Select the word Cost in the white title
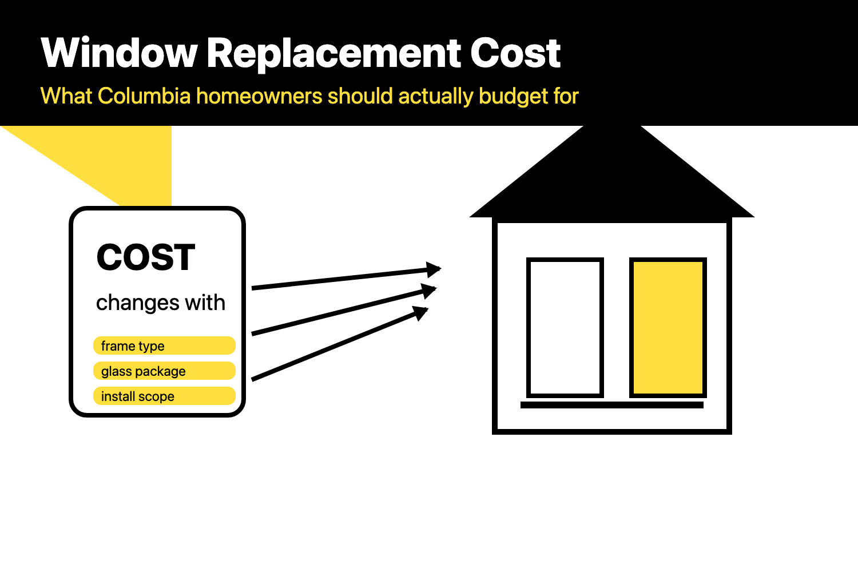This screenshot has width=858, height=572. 515,53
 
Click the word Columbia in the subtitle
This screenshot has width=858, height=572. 144,96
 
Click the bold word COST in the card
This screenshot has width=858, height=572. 146,257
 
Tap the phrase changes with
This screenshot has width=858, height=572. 160,303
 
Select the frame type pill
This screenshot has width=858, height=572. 164,345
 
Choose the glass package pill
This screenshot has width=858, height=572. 164,371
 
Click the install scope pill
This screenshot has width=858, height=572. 164,396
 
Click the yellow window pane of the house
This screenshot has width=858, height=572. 668,328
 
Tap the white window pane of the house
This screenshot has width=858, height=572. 565,328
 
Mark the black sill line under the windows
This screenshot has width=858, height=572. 612,405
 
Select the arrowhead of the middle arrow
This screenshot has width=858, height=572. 430,290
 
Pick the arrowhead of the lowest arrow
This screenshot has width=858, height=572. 422,312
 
